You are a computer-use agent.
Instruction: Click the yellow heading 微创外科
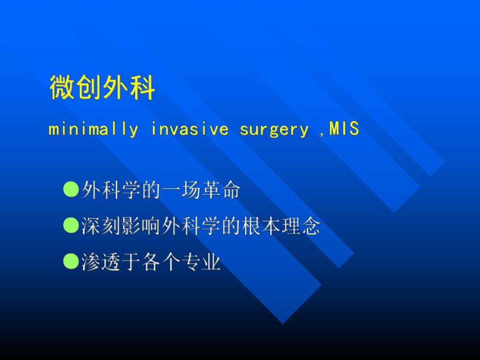click(x=102, y=88)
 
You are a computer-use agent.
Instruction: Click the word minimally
click(x=93, y=129)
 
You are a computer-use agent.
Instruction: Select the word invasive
click(x=190, y=129)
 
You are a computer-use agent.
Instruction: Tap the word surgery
click(x=274, y=130)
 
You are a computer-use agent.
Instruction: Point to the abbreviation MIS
click(x=344, y=128)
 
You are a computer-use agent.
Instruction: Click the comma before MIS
click(x=321, y=134)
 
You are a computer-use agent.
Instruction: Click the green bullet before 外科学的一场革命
click(x=71, y=189)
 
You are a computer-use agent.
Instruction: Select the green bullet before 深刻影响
click(x=71, y=225)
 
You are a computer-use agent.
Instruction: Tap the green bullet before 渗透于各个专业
click(x=71, y=261)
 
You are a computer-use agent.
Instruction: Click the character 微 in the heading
click(x=62, y=88)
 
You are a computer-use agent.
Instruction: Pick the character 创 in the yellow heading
click(x=89, y=88)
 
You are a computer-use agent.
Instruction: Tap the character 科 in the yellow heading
click(x=142, y=88)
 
